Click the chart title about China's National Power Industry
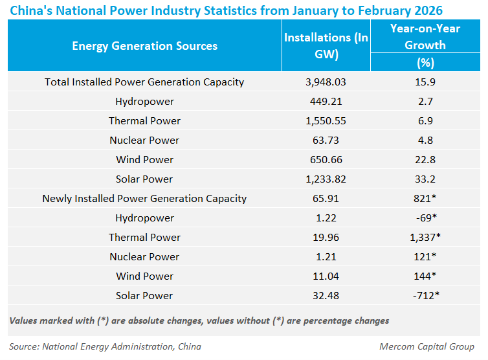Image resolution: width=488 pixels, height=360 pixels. point(227,10)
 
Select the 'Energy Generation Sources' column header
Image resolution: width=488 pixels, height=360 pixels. point(144,46)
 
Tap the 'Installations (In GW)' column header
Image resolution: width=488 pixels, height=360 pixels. point(326,46)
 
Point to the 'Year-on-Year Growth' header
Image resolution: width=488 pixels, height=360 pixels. point(425,37)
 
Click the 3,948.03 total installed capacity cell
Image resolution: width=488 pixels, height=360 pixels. point(326,82)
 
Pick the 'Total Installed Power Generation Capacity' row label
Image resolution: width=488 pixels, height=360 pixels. point(144,82)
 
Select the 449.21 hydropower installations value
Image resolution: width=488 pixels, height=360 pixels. point(326,102)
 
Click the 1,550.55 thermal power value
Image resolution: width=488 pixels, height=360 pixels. point(326,121)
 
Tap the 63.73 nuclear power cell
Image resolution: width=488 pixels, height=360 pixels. point(326,141)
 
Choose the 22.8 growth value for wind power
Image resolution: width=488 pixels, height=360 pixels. point(425,160)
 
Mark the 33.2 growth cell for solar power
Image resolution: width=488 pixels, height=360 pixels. point(425,179)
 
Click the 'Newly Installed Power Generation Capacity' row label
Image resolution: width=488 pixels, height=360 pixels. point(144,199)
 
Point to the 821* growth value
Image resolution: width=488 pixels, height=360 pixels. point(425,199)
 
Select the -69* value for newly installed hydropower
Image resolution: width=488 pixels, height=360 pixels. point(425,218)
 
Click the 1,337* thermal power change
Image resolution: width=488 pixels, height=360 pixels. point(425,238)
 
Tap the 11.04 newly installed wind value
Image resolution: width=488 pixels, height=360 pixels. point(326,276)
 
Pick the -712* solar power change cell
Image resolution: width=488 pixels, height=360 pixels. point(425,296)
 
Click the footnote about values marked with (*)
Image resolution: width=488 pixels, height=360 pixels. point(199,321)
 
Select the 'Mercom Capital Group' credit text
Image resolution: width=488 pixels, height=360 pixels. point(427,346)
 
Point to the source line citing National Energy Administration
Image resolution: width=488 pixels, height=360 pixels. point(105,346)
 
